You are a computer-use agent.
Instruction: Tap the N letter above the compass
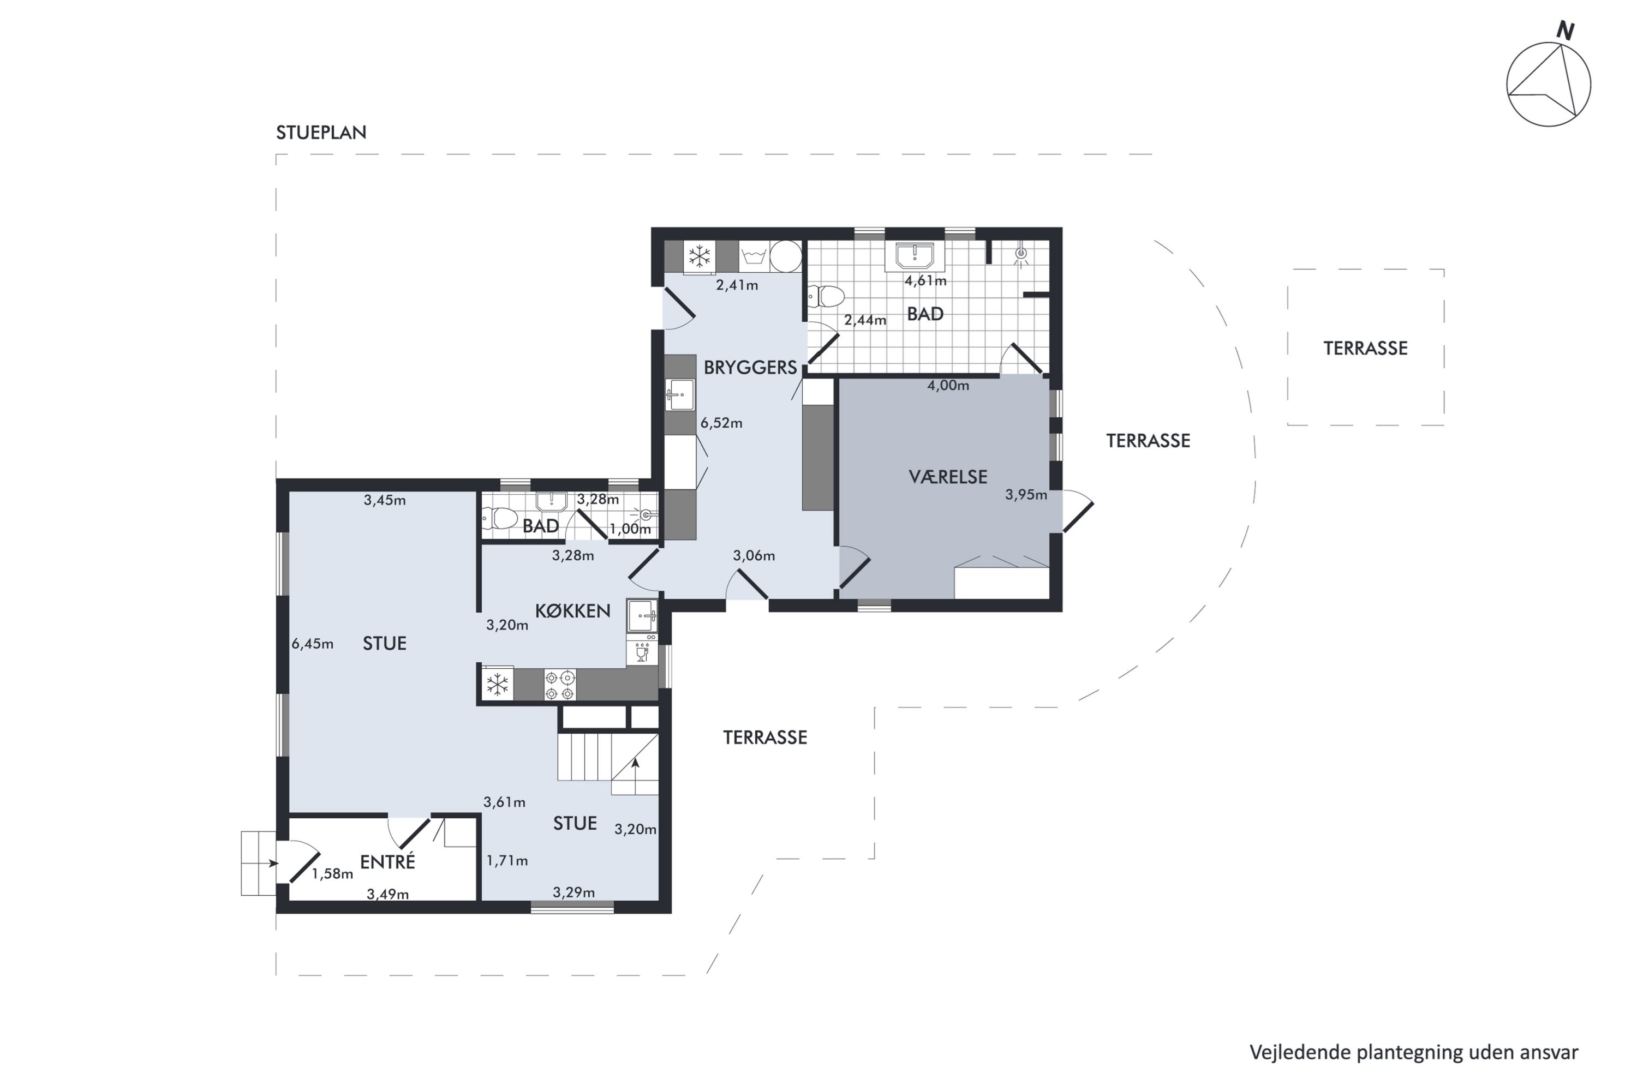click(x=1566, y=31)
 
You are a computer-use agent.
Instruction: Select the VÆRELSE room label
click(x=947, y=477)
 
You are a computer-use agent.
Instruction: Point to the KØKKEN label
click(x=572, y=611)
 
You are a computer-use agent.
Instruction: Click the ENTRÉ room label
click(x=387, y=862)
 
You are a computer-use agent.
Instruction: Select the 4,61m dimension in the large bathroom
click(x=925, y=281)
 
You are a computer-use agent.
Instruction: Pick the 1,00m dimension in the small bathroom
click(x=630, y=529)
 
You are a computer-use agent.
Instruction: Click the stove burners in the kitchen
click(x=560, y=685)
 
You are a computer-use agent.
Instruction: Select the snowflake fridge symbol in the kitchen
click(x=497, y=685)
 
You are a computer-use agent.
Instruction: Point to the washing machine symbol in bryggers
click(x=753, y=257)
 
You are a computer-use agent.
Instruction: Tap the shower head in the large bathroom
click(x=1021, y=254)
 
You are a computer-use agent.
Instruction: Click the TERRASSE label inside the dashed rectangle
click(x=1365, y=349)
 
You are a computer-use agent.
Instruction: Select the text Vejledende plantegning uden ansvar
click(x=1413, y=1053)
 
